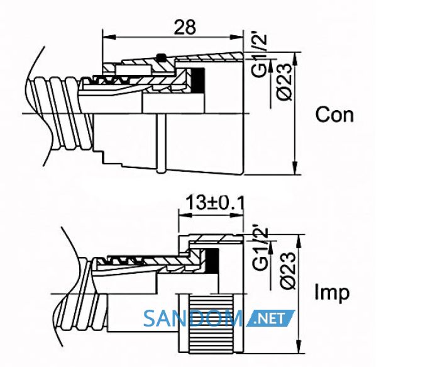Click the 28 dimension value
pyautogui.click(x=185, y=27)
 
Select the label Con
pyautogui.click(x=334, y=115)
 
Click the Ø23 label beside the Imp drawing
pyautogui.click(x=288, y=270)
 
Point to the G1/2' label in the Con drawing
pyautogui.click(x=258, y=55)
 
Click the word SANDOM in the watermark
pyautogui.click(x=194, y=318)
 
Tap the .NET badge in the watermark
pyautogui.click(x=270, y=319)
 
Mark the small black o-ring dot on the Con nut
pyautogui.click(x=161, y=57)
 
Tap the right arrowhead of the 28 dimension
pyautogui.click(x=236, y=37)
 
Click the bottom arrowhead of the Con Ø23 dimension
pyautogui.click(x=295, y=168)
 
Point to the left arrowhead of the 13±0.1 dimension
pyautogui.click(x=185, y=215)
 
